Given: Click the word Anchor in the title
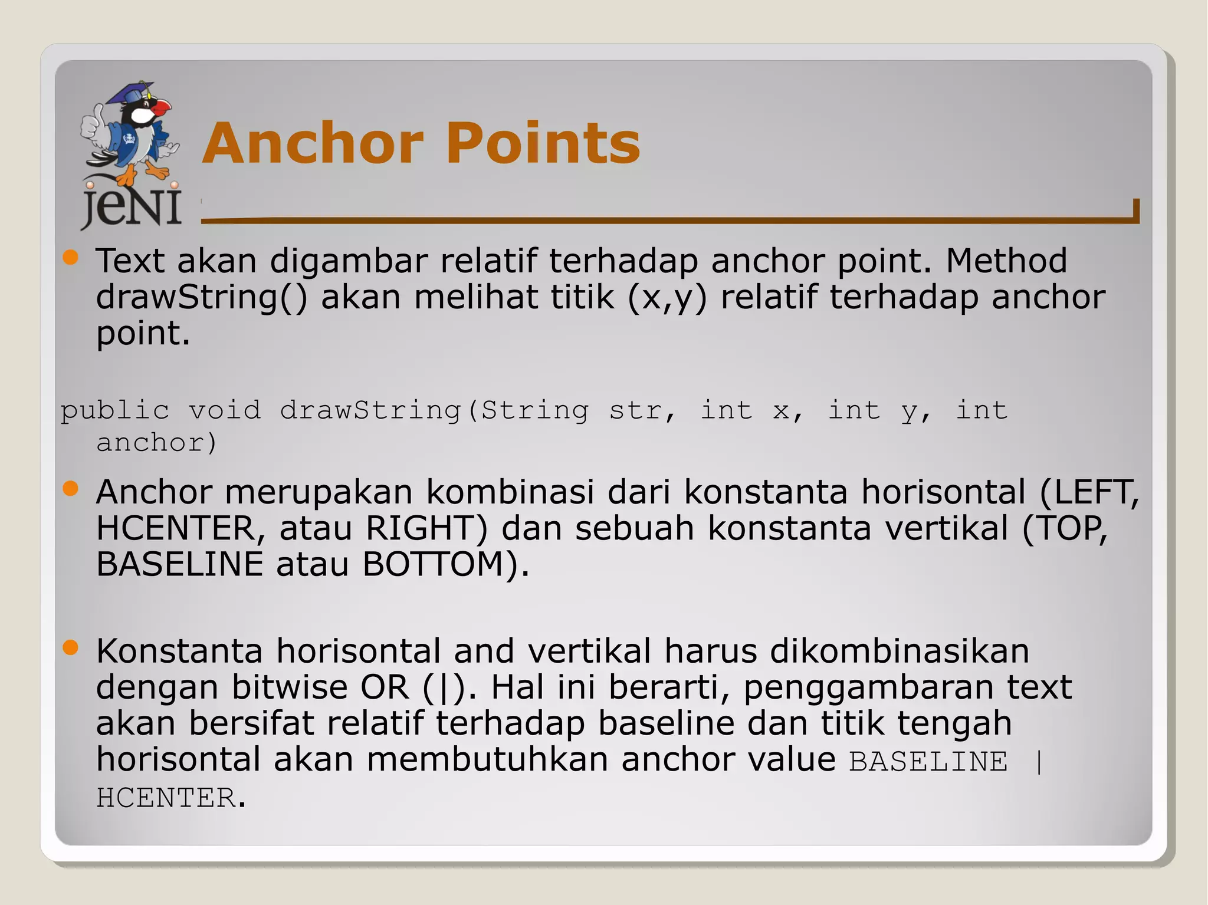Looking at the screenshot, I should [313, 143].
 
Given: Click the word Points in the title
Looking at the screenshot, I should [543, 143].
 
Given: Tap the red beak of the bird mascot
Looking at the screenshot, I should [160, 108].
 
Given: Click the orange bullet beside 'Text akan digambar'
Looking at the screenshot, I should [70, 257].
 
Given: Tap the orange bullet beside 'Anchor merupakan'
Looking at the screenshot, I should [70, 488].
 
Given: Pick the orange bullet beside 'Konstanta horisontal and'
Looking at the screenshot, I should [70, 647].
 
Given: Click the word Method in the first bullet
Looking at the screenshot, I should [1006, 261].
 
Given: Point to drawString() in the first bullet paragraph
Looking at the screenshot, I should [201, 297].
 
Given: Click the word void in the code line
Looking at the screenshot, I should [224, 410].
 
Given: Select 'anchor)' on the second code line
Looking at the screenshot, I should [157, 442].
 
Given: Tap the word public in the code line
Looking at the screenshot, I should [115, 410].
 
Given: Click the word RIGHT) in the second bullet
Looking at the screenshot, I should [426, 528].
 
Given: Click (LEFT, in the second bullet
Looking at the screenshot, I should [1089, 492].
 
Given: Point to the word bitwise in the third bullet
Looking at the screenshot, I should [290, 687].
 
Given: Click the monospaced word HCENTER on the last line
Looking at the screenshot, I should [166, 798].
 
